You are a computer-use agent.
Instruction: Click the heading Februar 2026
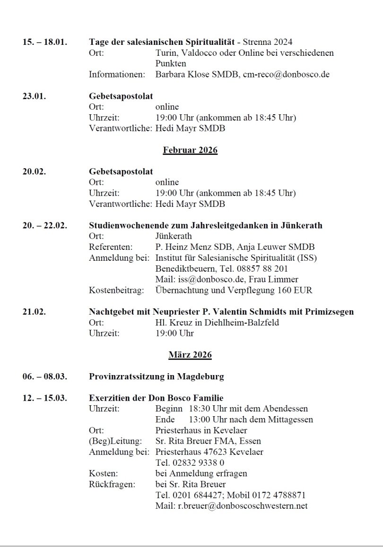[190, 151]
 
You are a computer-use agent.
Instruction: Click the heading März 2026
[190, 354]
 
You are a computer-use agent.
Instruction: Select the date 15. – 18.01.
[44, 42]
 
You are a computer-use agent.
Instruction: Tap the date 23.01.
[34, 96]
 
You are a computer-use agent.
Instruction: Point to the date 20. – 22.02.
[44, 225]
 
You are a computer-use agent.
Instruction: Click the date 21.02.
[34, 312]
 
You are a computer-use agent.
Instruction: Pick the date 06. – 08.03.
[44, 376]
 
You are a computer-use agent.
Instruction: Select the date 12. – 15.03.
[44, 398]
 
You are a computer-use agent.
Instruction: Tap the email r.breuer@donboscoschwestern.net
[243, 506]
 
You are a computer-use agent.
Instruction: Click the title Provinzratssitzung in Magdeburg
[156, 376]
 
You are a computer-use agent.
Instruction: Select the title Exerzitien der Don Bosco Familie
[156, 398]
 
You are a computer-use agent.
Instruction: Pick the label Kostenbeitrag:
[116, 290]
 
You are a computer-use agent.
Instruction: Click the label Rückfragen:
[111, 484]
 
